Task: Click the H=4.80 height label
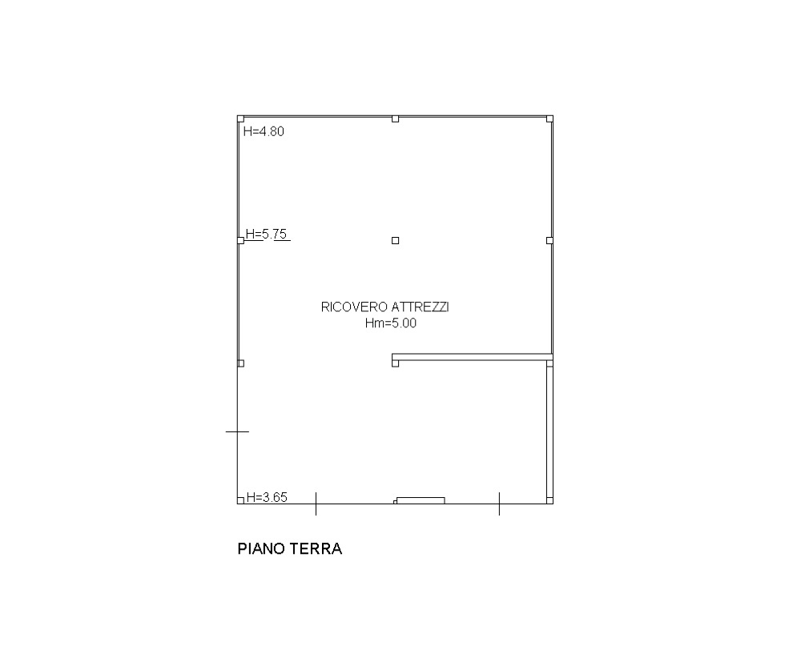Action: pos(264,131)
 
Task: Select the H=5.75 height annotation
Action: pos(266,234)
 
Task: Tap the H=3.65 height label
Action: pos(268,497)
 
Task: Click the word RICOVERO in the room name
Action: pos(354,307)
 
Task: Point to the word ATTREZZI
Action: pos(420,307)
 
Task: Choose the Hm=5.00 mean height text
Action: pos(391,323)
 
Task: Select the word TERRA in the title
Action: pos(316,549)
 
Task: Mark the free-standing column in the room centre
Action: pos(396,240)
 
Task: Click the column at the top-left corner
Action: pos(240,119)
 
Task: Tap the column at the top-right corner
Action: pos(549,119)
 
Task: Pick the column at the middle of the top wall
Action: pos(396,119)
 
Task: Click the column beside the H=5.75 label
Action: pos(240,240)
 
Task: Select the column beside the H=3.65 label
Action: pos(240,500)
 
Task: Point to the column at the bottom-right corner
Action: pos(549,500)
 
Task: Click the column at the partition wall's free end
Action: pos(396,363)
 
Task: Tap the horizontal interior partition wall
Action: pos(473,357)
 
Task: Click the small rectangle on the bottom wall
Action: pos(421,500)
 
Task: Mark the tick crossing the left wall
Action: pos(238,431)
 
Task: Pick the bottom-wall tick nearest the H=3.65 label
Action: pos(316,504)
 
